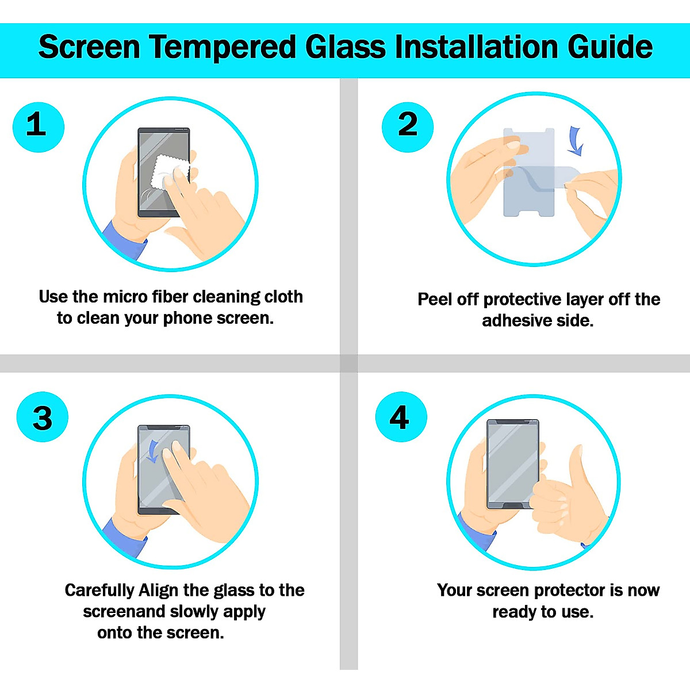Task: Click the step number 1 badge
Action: tap(38, 127)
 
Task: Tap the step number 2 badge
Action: tap(408, 127)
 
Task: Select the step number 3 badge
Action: tap(43, 417)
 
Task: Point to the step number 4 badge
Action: tap(401, 417)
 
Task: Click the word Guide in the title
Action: tap(610, 47)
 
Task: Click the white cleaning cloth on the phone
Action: tap(169, 172)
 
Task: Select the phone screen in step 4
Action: tap(512, 463)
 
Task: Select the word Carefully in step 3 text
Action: tap(99, 591)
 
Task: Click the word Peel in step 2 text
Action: tap(434, 300)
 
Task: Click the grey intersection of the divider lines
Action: tap(348, 363)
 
